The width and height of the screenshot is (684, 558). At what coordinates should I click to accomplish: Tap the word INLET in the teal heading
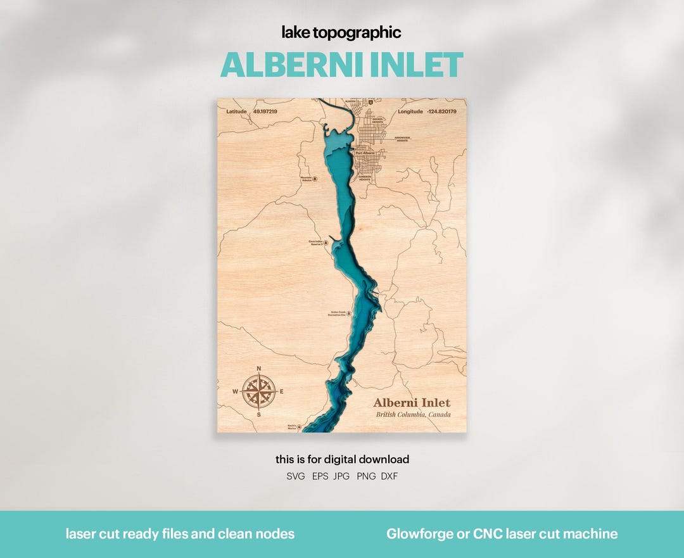pos(422,65)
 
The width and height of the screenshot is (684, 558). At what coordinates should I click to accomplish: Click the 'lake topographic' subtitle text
pos(341,33)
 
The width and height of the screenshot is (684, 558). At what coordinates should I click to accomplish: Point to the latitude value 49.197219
pos(265,111)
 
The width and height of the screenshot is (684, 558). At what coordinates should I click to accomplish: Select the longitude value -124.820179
pos(441,111)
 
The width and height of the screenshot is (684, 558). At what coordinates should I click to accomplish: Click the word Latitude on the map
pos(236,111)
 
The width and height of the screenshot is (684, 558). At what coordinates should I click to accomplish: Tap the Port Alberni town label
pos(365,153)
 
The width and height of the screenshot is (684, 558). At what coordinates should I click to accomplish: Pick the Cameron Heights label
pos(365,179)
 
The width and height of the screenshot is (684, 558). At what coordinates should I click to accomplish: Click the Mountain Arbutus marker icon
pos(315,179)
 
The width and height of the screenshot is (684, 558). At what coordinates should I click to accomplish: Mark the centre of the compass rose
pos(258,391)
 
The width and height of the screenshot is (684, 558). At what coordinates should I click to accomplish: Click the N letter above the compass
pos(258,369)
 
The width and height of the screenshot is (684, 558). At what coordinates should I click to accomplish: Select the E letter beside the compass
pos(281,391)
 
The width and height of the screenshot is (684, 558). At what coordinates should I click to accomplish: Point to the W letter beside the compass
pos(235,391)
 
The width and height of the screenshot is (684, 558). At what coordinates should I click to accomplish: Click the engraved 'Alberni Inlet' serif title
pos(412,403)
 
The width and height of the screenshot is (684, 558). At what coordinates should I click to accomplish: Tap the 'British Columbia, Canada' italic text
pos(413,415)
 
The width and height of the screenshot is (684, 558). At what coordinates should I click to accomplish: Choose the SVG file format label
pos(296,476)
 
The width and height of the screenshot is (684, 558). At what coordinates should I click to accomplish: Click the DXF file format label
pos(389,476)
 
